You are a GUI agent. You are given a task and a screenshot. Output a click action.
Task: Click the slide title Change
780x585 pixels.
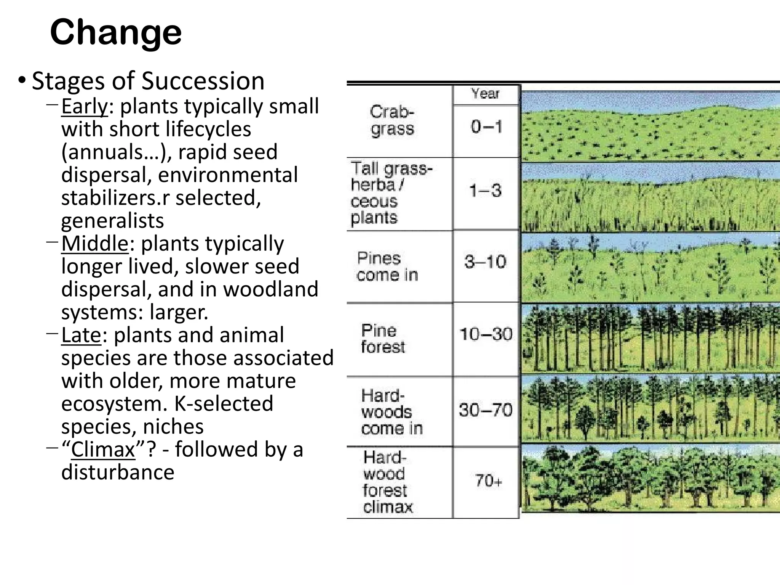116,33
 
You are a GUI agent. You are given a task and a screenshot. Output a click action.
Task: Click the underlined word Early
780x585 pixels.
85,106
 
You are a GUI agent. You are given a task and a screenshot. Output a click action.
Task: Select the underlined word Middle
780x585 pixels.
95,243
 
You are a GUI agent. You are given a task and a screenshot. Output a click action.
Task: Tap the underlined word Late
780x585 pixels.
81,335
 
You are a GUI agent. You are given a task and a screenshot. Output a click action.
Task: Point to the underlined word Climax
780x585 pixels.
103,449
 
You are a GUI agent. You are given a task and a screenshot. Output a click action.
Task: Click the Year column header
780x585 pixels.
485,94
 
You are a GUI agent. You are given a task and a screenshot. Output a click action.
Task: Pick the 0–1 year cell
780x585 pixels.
486,126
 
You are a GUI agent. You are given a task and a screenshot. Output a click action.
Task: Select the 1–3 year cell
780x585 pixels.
486,190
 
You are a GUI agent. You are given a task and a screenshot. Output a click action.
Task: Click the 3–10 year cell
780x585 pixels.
486,262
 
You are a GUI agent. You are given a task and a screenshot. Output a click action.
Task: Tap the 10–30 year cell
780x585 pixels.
486,334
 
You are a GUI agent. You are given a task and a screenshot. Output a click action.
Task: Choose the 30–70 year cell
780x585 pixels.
486,410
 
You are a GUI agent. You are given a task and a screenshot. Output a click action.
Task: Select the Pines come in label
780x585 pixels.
387,267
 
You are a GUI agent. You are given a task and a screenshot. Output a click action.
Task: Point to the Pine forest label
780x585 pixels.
383,339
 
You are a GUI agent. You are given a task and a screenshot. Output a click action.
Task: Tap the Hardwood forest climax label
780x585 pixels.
388,482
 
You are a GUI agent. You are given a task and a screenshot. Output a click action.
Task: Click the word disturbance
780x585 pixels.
118,472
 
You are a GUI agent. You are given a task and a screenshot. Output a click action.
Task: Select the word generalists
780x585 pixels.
112,221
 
